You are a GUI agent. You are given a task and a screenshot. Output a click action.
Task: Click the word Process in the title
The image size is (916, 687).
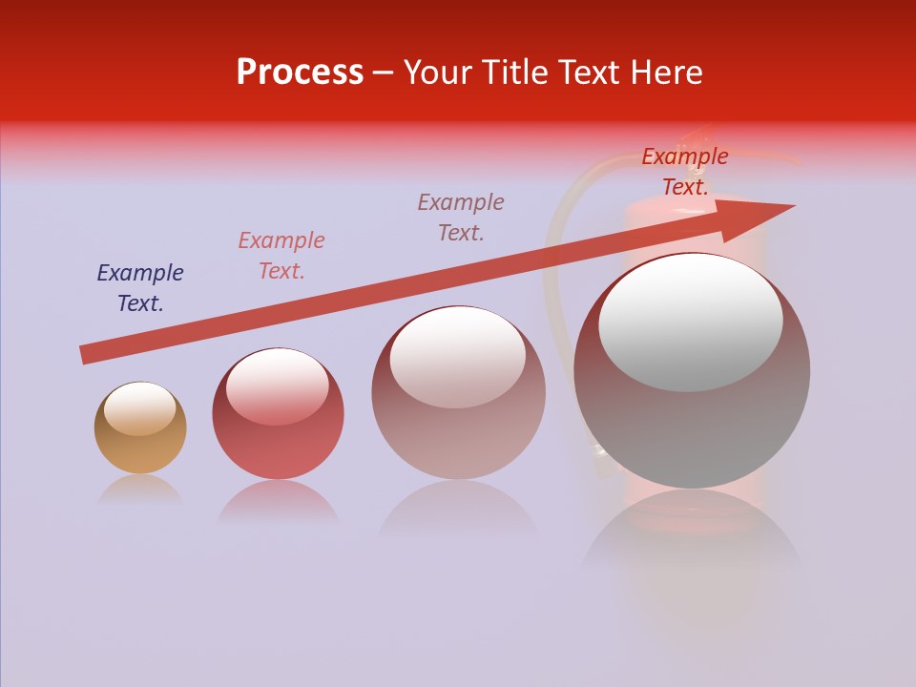point(300,73)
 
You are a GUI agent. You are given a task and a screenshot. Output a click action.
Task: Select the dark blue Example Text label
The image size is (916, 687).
point(140,288)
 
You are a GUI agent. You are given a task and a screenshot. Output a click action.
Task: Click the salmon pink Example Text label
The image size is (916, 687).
point(281,256)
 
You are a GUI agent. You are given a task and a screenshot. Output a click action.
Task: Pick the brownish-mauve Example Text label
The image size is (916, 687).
point(461,218)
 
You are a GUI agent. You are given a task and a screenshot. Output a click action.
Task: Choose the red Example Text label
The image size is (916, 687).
point(685,172)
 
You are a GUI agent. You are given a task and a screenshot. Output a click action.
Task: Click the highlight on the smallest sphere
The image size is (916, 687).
point(139,408)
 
